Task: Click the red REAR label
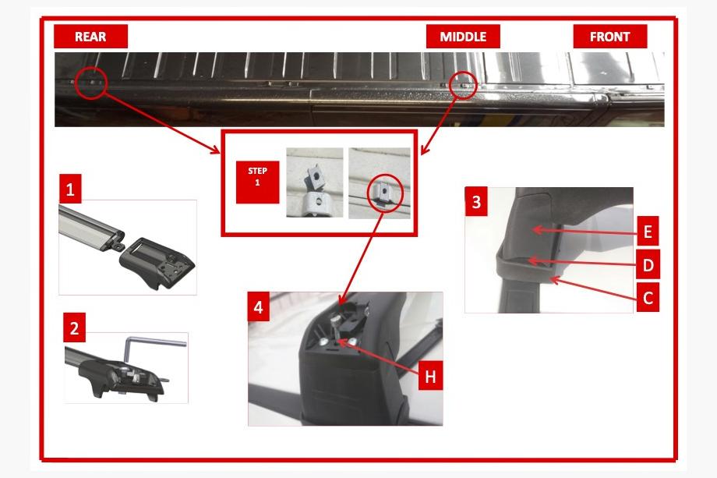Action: point(90,36)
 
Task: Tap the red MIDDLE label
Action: point(463,36)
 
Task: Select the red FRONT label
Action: point(610,36)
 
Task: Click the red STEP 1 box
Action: point(257,182)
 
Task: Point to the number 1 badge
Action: point(70,189)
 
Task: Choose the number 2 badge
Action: point(75,328)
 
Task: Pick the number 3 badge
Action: point(476,201)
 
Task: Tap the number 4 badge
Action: point(259,307)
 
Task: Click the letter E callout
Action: point(648,232)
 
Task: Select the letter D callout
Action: point(648,264)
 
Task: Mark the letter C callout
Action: point(648,297)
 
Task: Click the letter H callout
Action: point(430,376)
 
